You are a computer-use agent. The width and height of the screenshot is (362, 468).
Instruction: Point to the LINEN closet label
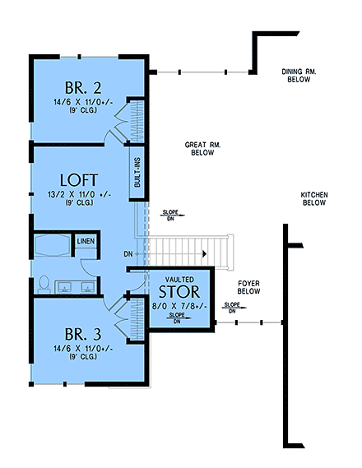[x=85, y=241]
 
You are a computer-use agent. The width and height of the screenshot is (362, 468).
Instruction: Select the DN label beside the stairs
[x=128, y=253]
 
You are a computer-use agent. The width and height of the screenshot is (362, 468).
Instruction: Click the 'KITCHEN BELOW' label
[x=314, y=198]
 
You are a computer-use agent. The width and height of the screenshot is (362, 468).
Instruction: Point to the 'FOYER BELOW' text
[x=248, y=287]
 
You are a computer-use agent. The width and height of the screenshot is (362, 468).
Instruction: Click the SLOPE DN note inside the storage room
[x=175, y=317]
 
